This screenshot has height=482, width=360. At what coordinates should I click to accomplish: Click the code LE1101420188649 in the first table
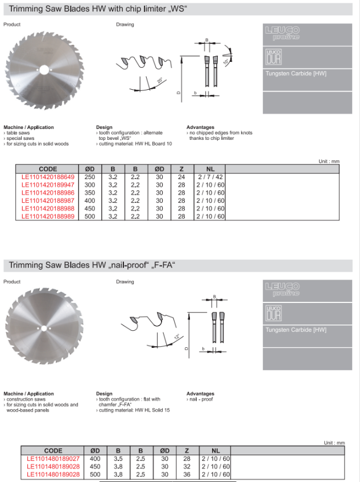(48, 176)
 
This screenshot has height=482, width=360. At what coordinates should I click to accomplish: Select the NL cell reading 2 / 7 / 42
(210, 176)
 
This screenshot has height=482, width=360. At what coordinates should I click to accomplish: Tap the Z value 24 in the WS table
(181, 176)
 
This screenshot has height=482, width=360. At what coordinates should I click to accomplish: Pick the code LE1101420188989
(48, 217)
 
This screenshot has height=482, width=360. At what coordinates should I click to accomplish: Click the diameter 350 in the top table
(90, 193)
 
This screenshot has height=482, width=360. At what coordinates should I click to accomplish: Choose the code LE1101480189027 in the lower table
(53, 458)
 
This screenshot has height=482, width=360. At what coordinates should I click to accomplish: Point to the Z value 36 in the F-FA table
(187, 474)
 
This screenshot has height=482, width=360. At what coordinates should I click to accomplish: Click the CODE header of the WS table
(48, 169)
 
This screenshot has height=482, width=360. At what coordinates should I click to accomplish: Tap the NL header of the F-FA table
(216, 450)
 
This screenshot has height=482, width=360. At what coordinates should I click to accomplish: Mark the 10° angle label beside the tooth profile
(226, 60)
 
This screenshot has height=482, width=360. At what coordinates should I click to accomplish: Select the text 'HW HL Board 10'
(153, 144)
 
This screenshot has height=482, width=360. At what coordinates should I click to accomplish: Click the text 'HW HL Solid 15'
(152, 410)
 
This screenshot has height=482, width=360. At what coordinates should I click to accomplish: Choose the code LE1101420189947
(48, 185)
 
